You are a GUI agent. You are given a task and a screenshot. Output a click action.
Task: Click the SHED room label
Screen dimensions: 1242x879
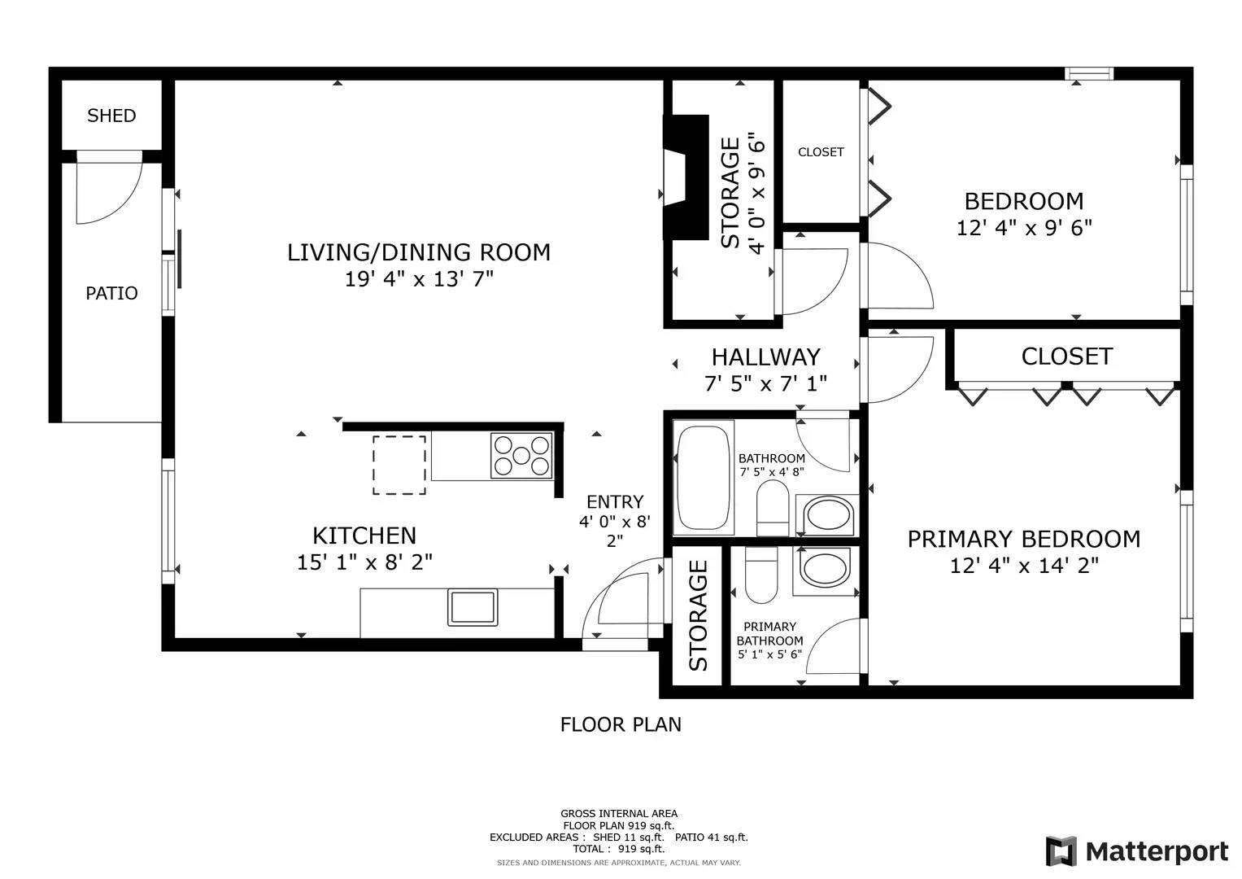(x=111, y=116)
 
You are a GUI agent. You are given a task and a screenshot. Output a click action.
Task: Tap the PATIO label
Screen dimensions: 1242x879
(x=111, y=293)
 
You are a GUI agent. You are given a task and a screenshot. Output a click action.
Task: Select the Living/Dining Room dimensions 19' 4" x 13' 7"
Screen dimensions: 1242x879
(x=419, y=278)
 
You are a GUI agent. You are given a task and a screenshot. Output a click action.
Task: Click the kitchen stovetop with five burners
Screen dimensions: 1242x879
(x=521, y=456)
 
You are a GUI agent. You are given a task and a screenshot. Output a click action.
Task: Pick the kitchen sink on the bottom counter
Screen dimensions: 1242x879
(x=473, y=608)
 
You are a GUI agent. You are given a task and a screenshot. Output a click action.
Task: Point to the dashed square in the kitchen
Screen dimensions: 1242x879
(x=399, y=465)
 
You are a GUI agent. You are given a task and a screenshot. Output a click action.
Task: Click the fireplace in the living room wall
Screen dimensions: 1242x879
(x=686, y=177)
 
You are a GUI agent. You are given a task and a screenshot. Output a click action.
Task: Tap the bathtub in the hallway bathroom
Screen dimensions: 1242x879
(x=703, y=478)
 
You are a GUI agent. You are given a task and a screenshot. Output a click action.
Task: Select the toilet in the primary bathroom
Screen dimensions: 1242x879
(x=761, y=575)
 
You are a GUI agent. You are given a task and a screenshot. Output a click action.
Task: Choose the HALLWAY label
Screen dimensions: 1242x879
(x=765, y=357)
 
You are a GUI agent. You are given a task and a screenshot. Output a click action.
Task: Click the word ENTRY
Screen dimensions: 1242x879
(x=615, y=501)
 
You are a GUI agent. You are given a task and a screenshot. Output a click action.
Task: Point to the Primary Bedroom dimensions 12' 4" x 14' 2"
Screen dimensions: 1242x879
(x=1024, y=566)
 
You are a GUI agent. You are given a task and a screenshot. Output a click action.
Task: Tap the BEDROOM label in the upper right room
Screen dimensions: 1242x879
(x=1024, y=201)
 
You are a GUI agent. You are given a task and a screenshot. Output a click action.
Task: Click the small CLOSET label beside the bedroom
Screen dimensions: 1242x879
(x=821, y=152)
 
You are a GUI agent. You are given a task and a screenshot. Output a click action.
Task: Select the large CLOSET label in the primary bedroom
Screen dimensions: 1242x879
(x=1067, y=356)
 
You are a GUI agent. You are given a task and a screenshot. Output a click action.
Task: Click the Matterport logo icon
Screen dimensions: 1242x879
(x=1061, y=851)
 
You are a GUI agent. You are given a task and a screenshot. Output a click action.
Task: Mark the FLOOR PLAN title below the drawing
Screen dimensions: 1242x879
(x=621, y=724)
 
